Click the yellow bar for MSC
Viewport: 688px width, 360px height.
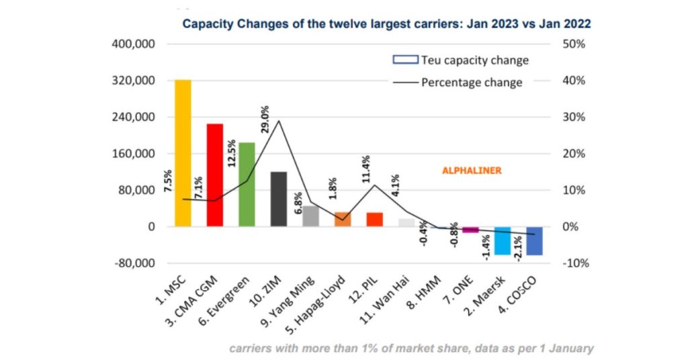(183, 153)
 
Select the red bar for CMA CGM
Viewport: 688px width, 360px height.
(215, 175)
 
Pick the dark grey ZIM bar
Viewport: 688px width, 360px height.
(279, 199)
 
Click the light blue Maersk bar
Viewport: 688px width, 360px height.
(503, 240)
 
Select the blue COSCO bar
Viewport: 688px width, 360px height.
(535, 241)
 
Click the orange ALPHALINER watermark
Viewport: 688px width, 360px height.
(472, 171)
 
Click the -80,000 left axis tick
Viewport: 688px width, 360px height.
(134, 263)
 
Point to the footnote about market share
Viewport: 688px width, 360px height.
(411, 348)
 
